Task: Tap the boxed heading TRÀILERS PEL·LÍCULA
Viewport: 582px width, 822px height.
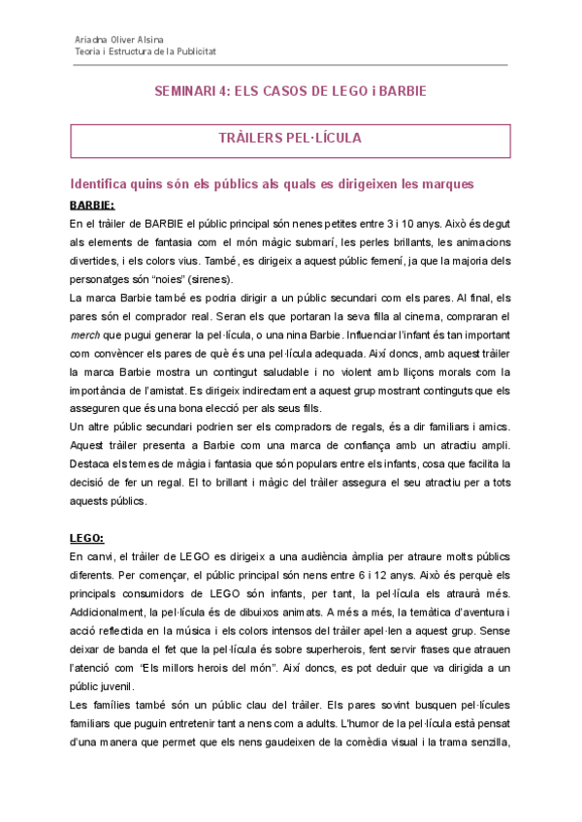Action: [290, 139]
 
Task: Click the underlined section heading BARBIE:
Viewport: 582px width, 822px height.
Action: [92, 205]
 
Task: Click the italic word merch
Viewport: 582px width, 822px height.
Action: [85, 333]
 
